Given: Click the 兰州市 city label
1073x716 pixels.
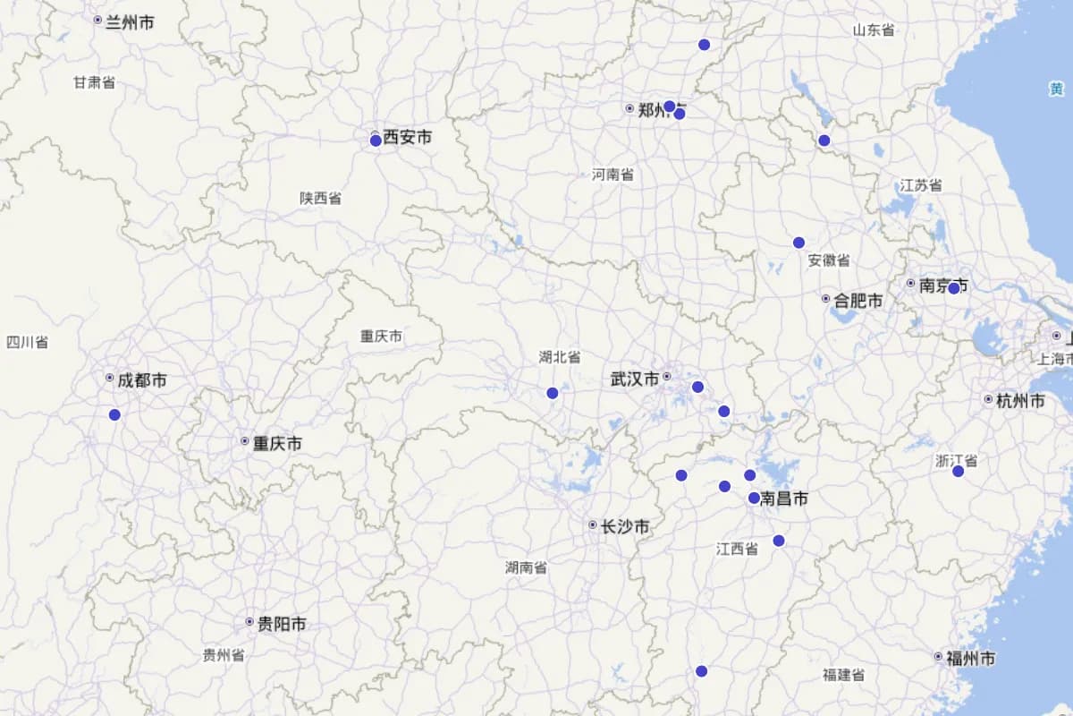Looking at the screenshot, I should coord(129,21).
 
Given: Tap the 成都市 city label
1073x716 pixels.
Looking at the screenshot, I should coord(141,380).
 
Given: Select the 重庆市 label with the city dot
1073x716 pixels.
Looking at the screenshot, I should coord(276,443).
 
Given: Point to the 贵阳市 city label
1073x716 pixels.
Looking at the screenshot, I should coord(281,624).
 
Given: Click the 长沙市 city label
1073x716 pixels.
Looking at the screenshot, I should coord(624,526).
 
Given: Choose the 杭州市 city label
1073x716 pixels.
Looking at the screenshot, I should coord(1019,401).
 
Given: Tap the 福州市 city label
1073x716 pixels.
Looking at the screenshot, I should coord(970,659).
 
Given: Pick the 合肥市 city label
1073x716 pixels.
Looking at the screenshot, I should coord(858,301).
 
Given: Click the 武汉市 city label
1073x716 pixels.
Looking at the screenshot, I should coord(635,379).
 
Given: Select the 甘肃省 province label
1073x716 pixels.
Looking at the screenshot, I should coord(94,82).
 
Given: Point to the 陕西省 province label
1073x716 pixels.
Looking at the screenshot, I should coord(320,198).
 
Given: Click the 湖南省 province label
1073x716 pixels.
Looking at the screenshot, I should coord(526,567).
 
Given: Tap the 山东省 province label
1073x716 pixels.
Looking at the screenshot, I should coord(873,30).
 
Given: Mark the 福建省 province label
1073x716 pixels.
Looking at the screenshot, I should coord(843,675).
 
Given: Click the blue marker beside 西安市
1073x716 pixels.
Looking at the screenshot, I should coord(376,141).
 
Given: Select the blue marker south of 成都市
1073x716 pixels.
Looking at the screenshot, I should coord(114,414).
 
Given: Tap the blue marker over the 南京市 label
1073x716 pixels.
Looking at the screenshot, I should coord(954,288).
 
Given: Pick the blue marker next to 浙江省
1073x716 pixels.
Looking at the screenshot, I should coord(959,471).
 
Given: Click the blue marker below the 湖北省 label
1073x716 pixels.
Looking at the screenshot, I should coord(553,393).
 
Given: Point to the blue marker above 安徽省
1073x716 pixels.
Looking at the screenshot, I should coord(798,243).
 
